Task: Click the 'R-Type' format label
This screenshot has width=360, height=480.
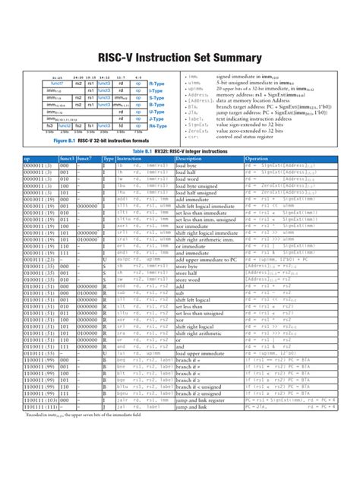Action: (156, 83)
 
